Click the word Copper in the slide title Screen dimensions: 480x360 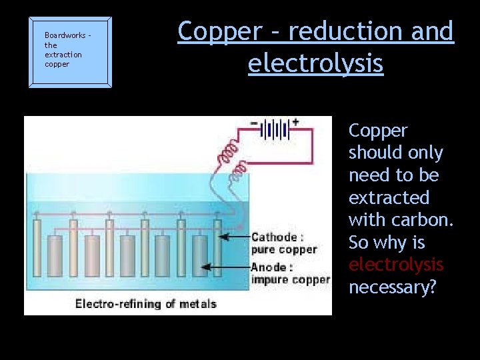pos(220,32)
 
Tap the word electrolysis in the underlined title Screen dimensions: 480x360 pos(315,63)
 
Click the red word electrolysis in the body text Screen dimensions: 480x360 pos(395,265)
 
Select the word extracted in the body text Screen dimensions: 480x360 pos(389,198)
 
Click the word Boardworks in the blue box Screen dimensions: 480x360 pos(65,35)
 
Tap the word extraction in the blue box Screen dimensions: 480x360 pos(63,55)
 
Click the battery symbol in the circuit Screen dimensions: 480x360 pos(274,129)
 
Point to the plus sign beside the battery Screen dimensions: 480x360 pos(295,123)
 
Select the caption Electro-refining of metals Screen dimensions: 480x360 pos(146,304)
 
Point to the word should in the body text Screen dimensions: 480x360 pos(395,153)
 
